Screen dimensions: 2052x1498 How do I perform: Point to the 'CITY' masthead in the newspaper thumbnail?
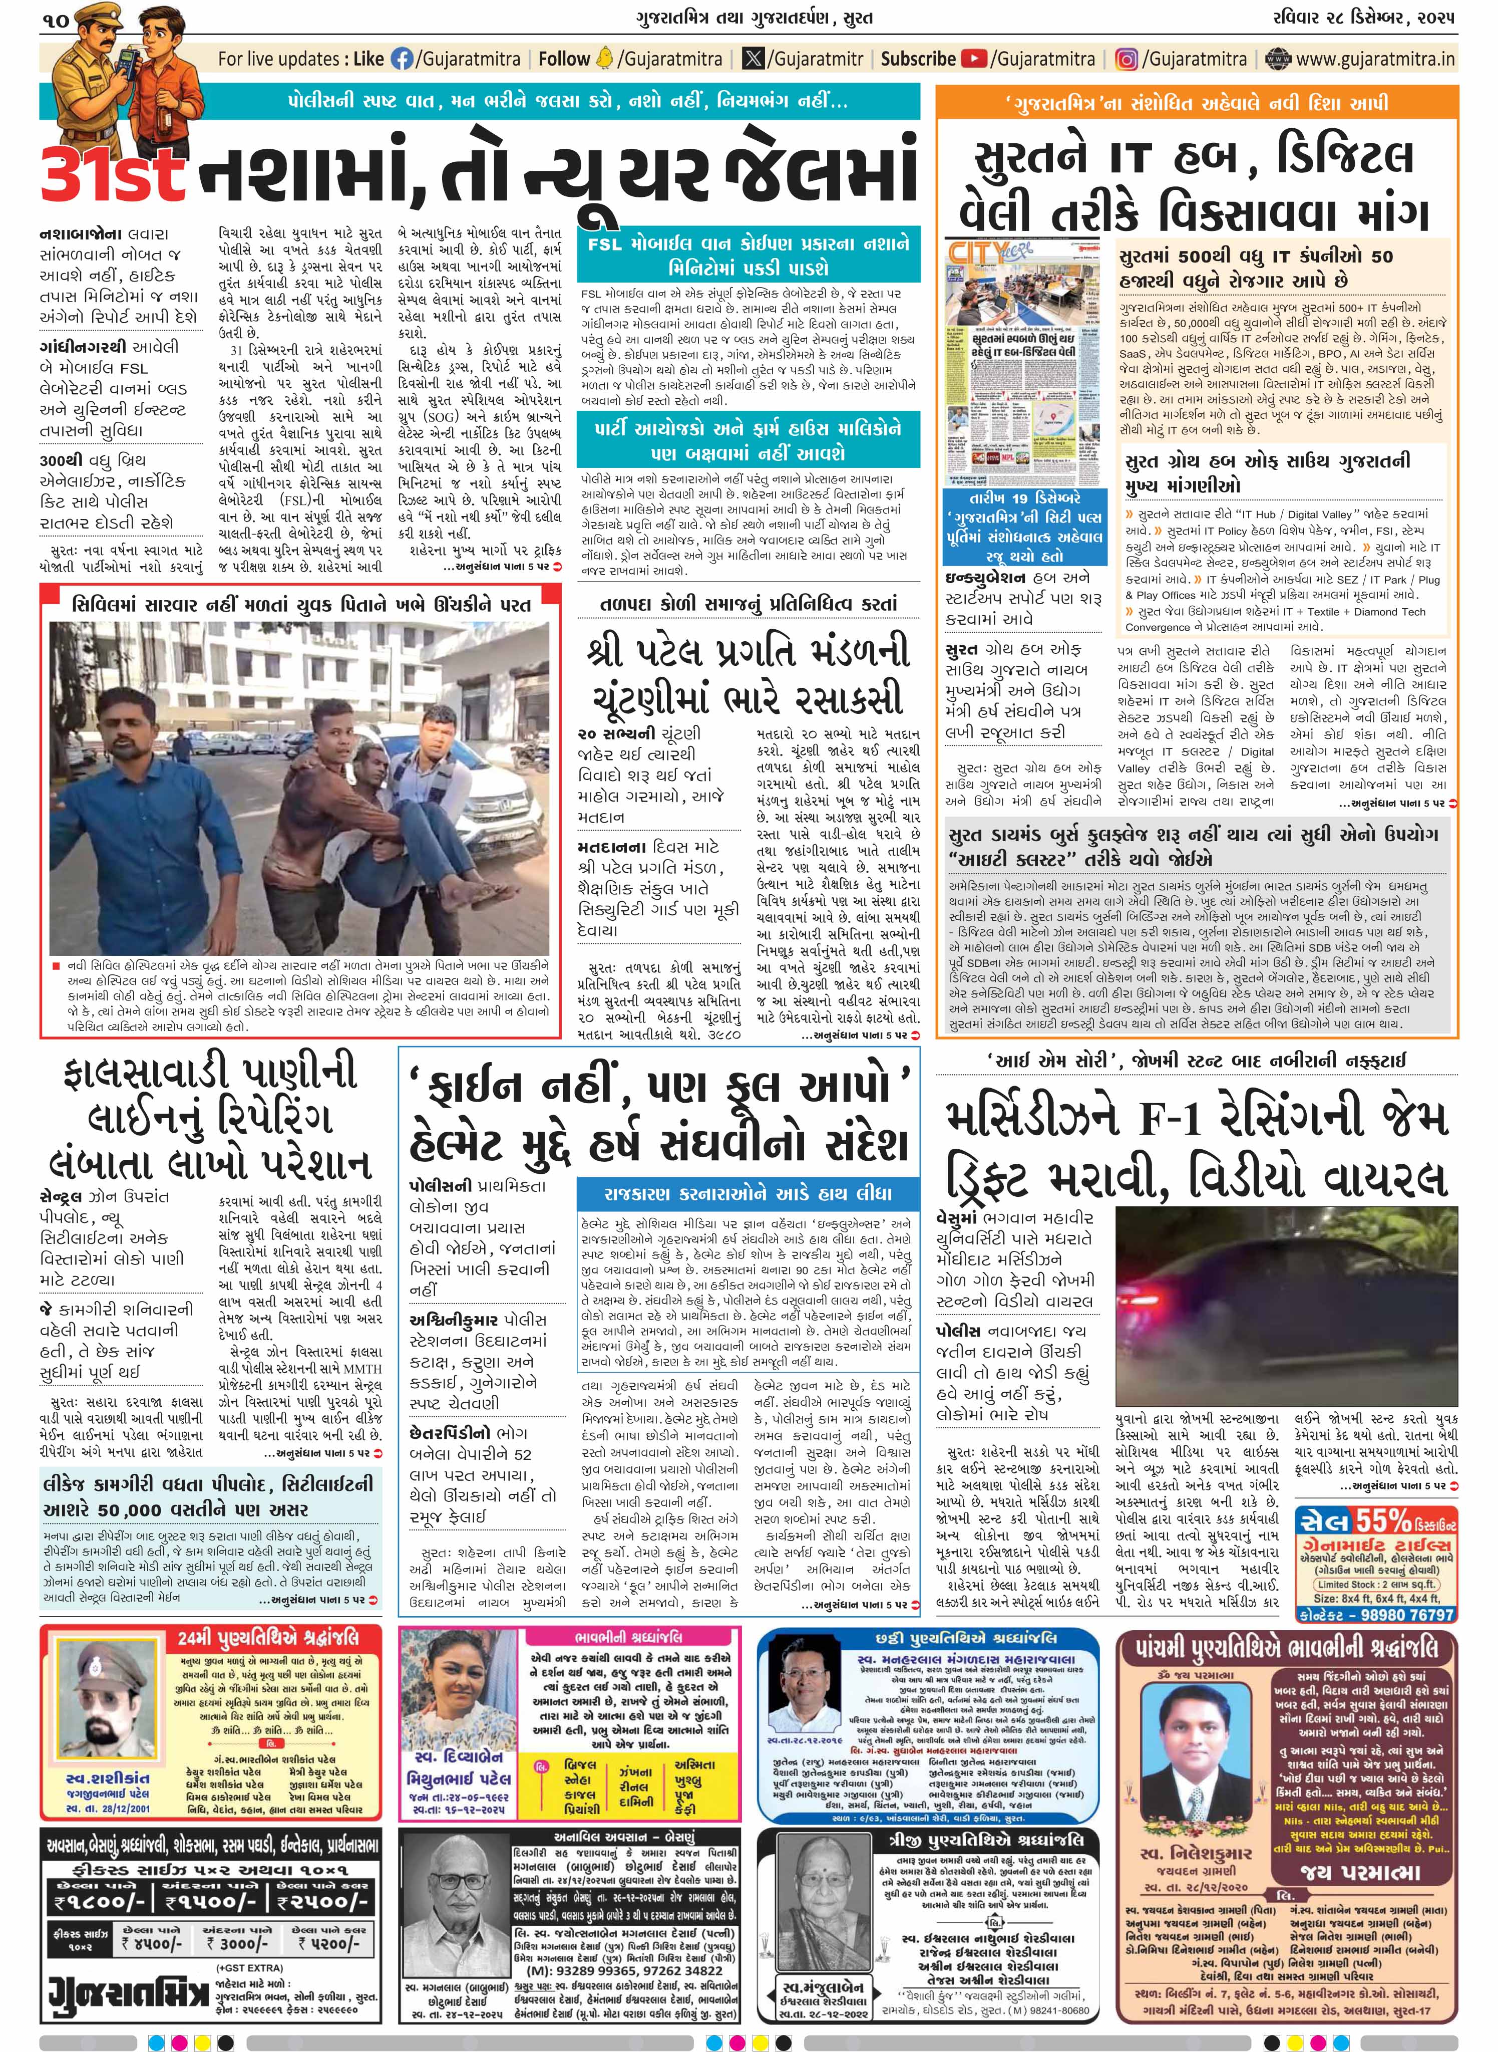pos(972,251)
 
